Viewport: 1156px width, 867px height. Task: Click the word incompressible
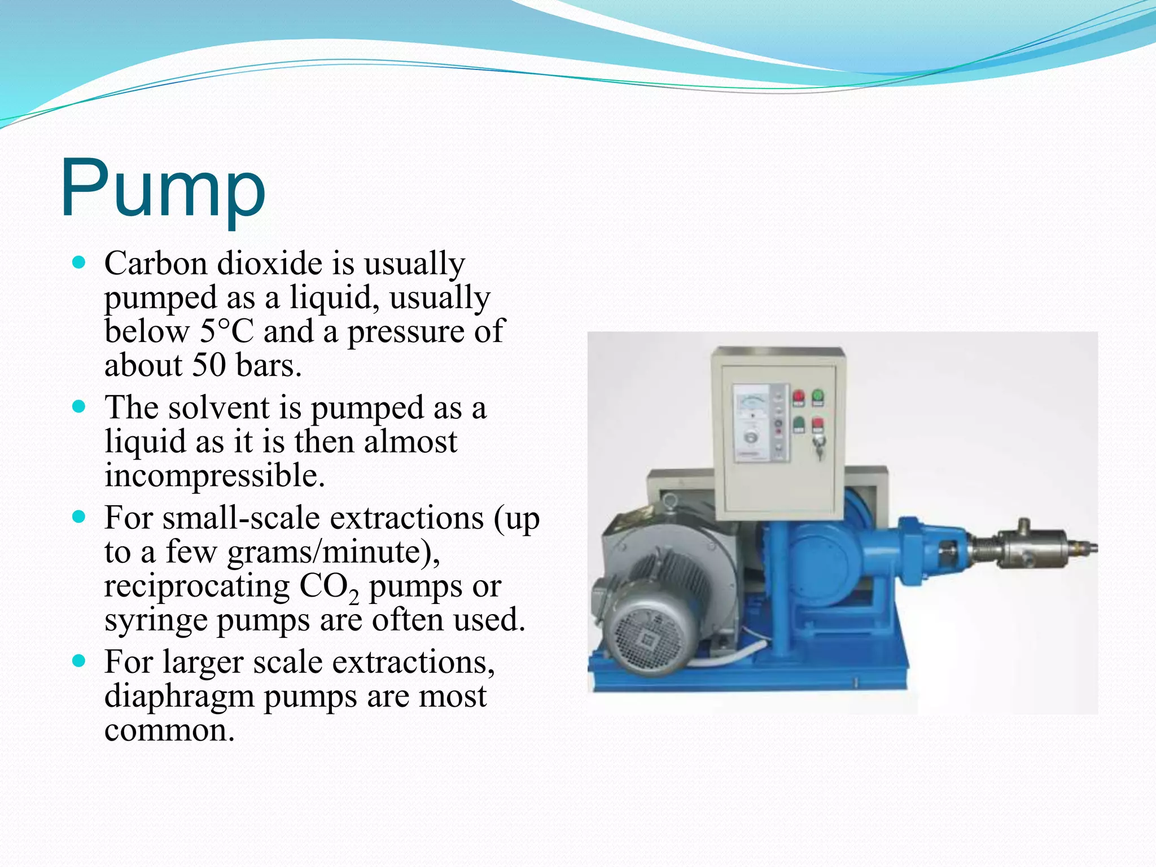coord(214,475)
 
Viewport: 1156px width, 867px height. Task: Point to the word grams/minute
coord(333,552)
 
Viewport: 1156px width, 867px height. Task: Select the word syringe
coord(156,620)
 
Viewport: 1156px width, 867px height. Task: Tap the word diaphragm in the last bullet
coord(179,696)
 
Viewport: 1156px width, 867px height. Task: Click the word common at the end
coord(169,730)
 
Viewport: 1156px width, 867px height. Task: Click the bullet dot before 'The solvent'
coord(79,406)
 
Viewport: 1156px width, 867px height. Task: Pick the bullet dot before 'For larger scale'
coord(79,661)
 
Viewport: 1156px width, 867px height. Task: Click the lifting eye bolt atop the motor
coord(670,500)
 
